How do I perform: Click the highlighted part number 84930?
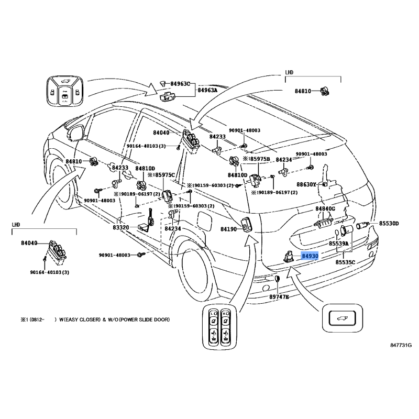(310, 256)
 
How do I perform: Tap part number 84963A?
(207, 90)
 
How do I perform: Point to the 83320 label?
(121, 228)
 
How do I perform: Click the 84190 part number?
(229, 229)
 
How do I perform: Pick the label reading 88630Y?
(307, 185)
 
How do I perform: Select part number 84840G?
(325, 208)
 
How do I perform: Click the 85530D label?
(389, 224)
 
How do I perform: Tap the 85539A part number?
(339, 244)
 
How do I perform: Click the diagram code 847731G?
(401, 345)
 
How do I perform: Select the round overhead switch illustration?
(63, 91)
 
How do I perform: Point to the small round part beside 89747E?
(277, 283)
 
